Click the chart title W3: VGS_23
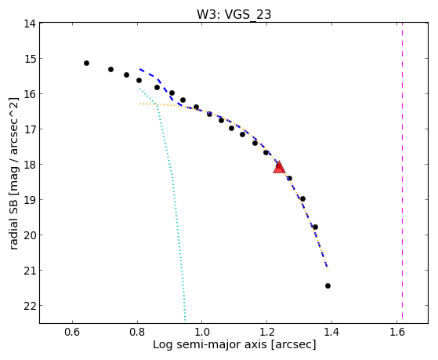[x=233, y=14]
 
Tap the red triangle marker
[x=279, y=167]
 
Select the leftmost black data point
[x=87, y=64]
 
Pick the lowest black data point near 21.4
[x=328, y=285]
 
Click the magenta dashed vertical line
[x=402, y=170]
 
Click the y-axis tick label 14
[x=29, y=24]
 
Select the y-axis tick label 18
[x=29, y=165]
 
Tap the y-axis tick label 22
[x=29, y=306]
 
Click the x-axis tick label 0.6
[x=73, y=332]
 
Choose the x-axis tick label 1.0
[x=202, y=332]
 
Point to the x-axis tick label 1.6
[x=396, y=332]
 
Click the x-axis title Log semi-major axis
[x=209, y=345]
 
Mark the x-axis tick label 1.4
[x=331, y=332]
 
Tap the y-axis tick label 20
[x=29, y=235]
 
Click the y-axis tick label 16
[x=29, y=94]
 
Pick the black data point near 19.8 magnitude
[x=315, y=227]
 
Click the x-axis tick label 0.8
[x=137, y=332]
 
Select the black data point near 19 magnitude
[x=302, y=199]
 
